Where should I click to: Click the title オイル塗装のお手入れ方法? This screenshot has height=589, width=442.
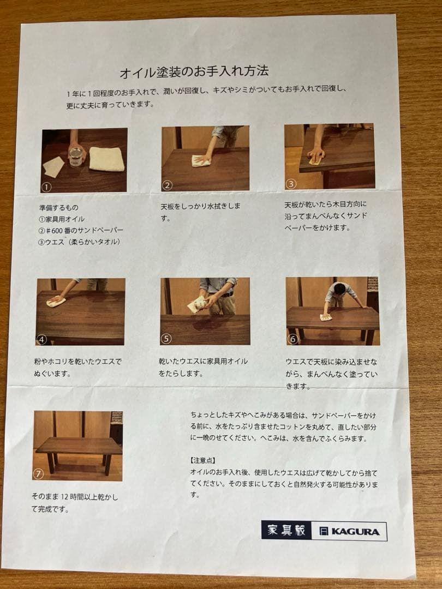(194, 71)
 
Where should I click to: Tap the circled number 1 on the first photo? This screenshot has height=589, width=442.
(46, 187)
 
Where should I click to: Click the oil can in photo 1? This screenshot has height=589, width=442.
(76, 157)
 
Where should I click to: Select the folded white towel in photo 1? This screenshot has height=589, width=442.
(106, 159)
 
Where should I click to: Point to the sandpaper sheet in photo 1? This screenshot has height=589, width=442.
(53, 166)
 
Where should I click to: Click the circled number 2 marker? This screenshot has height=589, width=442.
(168, 185)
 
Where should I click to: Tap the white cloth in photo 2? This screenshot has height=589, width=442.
(200, 161)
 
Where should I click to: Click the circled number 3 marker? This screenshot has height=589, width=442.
(291, 184)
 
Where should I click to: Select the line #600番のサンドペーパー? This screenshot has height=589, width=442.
(81, 230)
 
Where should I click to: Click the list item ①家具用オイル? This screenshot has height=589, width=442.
(62, 219)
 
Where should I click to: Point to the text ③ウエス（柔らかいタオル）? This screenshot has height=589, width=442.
(79, 242)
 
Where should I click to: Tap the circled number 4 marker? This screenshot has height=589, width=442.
(42, 339)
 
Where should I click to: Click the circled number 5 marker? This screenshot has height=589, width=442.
(166, 339)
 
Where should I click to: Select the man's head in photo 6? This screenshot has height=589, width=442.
(339, 289)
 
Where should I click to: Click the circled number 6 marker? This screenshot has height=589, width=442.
(292, 339)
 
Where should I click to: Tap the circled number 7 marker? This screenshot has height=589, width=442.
(39, 473)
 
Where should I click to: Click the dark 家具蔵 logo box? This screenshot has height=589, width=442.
(286, 530)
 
